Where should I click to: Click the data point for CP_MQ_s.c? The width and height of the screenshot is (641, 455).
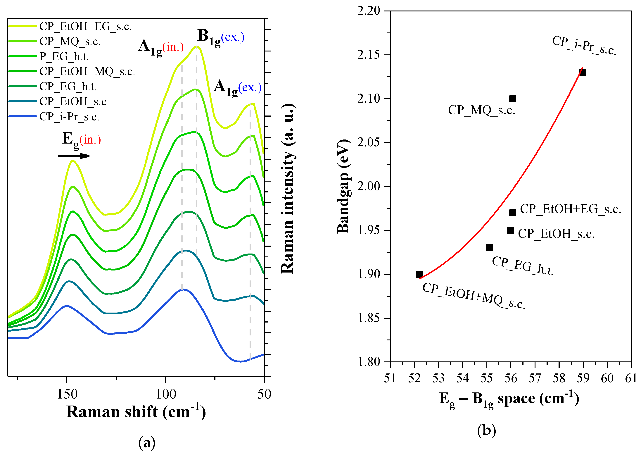pyautogui.click(x=512, y=99)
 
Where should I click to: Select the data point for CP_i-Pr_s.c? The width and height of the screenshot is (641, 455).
pyautogui.click(x=582, y=72)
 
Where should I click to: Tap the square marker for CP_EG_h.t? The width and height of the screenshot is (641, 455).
pyautogui.click(x=489, y=248)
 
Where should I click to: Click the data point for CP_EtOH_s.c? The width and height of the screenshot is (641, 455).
pyautogui.click(x=511, y=230)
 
